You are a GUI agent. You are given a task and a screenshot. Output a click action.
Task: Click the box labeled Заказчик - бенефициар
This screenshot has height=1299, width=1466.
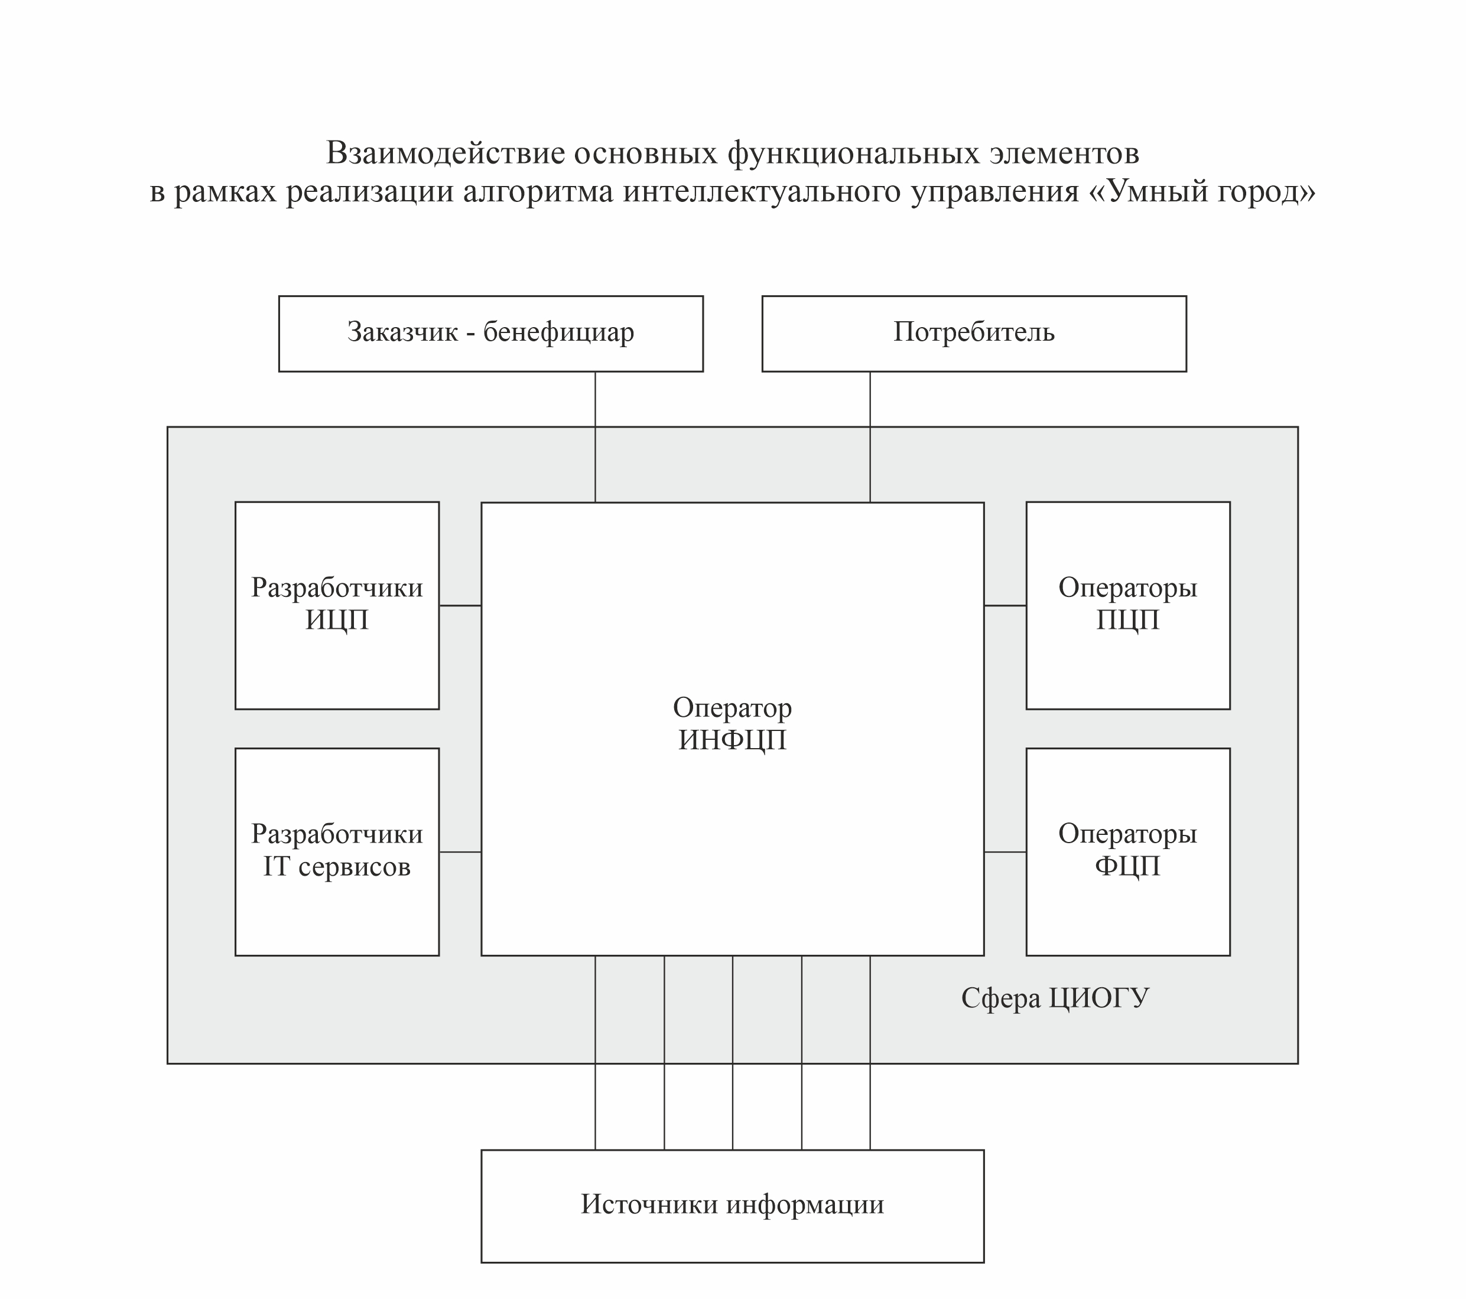pos(490,334)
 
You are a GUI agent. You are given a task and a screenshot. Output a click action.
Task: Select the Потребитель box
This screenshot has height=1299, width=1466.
pos(973,334)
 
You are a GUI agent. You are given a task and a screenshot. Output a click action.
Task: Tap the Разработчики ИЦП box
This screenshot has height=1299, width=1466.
pos(337,605)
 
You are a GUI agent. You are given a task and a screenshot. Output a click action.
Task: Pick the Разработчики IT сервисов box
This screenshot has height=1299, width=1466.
pos(337,851)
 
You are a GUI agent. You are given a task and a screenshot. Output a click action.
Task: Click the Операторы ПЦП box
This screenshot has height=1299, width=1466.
pos(1127,605)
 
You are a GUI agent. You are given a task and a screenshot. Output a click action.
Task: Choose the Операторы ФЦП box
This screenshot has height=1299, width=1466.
pos(1127,851)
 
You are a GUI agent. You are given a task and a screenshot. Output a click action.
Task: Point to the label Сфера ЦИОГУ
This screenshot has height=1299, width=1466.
pos(1054,998)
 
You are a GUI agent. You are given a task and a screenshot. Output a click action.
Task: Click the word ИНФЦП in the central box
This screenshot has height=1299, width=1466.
pos(732,740)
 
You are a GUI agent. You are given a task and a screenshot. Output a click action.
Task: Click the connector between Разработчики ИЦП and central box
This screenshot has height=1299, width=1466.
pos(460,606)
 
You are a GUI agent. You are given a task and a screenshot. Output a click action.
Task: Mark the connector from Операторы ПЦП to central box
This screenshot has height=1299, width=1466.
pos(1005,606)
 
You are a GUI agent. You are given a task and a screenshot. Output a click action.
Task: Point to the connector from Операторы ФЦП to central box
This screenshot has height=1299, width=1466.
pos(1005,851)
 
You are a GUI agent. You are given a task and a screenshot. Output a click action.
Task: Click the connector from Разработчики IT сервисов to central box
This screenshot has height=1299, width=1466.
pos(460,851)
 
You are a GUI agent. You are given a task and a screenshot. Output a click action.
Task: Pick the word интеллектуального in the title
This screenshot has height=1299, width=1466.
pos(762,191)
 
